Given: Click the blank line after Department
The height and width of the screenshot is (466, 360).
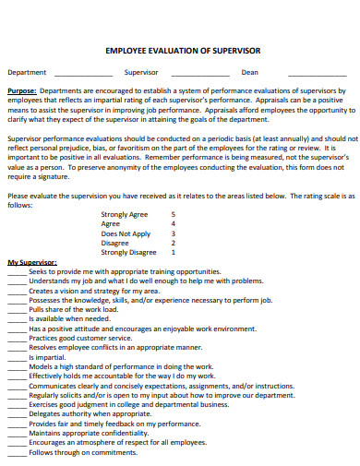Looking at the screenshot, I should [80, 74].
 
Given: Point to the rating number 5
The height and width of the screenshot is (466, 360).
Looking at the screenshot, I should [174, 214].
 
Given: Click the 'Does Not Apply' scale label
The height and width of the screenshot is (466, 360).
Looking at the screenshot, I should [126, 233].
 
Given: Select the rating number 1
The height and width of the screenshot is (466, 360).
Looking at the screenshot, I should [174, 252].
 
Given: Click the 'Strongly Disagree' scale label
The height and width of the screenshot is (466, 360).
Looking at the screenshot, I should [128, 252].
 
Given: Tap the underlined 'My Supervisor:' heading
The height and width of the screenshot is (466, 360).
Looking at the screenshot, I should [32, 263].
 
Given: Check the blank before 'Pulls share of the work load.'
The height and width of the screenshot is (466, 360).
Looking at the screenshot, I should [17, 310].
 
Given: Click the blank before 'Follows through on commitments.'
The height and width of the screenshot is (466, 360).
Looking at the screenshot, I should [17, 453].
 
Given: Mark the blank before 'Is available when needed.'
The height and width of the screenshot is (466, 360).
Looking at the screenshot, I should [17, 319].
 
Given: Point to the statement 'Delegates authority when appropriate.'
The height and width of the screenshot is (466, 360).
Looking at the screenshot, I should [90, 413].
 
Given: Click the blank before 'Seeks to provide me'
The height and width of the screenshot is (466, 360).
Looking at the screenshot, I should [17, 272].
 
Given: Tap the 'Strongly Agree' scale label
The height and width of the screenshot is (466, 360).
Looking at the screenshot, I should [124, 214].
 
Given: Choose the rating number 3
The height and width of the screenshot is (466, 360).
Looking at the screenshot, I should [174, 233].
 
